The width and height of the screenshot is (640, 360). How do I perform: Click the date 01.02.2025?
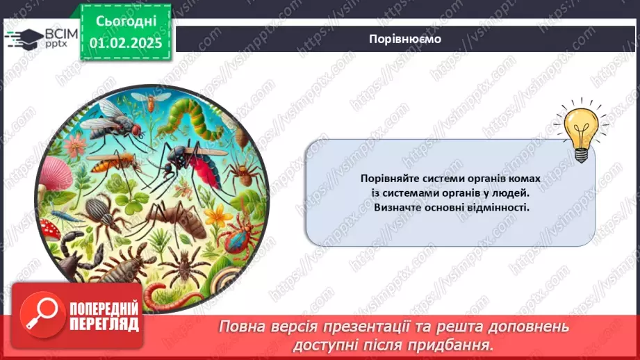point(125,42)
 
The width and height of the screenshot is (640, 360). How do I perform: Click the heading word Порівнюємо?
point(404,39)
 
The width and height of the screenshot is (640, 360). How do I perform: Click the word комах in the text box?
point(523,179)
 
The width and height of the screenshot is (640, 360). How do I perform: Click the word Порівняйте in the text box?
point(390,179)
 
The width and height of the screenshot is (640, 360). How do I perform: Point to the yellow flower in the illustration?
point(219,218)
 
